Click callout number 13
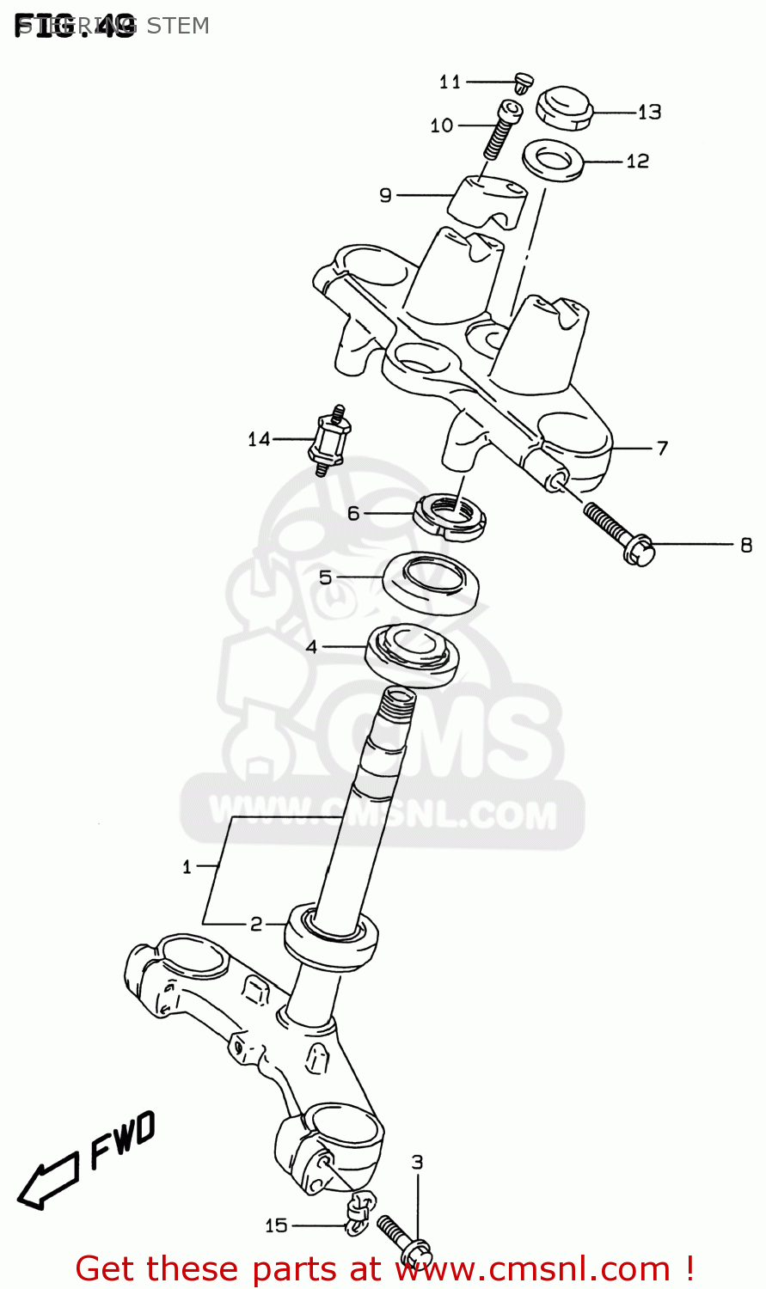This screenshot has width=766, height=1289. point(649,112)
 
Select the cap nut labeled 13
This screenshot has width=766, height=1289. point(564,107)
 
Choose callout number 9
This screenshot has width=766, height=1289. point(385,196)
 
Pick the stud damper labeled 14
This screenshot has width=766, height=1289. point(330,439)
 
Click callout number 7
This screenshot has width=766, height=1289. point(661,448)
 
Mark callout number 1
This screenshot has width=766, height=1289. point(187,867)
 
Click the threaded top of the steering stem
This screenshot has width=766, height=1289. point(398,706)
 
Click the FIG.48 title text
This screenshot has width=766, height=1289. point(74,26)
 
